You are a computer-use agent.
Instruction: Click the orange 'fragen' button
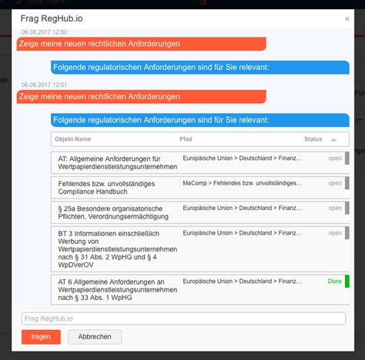tap(41, 336)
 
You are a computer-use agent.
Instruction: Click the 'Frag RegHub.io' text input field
tap(183, 318)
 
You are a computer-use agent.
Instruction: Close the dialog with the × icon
tap(347, 18)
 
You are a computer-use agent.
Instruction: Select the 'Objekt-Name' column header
tap(73, 139)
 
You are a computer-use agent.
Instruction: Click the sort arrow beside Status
tap(333, 139)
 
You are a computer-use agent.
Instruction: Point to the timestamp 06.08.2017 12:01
tap(45, 85)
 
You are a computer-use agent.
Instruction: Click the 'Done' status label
tap(334, 282)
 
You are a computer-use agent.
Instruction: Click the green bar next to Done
tap(347, 282)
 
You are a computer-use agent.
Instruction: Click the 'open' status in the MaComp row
tap(335, 183)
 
